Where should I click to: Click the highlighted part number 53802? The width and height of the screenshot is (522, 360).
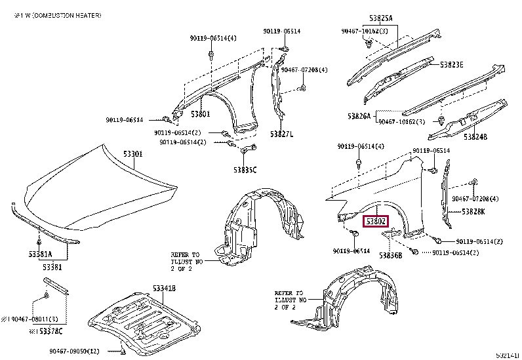tap(377, 222)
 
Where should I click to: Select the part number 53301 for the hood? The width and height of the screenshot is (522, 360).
tap(133, 154)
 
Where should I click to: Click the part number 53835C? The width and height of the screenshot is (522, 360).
tap(245, 170)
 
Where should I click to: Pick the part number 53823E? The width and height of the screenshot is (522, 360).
tap(451, 64)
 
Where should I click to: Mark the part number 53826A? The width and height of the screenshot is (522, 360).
tap(359, 116)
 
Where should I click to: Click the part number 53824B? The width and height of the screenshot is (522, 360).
tap(475, 137)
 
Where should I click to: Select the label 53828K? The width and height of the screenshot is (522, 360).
tap(473, 211)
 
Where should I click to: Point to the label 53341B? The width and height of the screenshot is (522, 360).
tap(164, 289)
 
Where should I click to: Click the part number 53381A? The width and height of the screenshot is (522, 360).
tap(39, 253)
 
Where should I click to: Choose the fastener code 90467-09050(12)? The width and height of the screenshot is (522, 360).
tap(73, 351)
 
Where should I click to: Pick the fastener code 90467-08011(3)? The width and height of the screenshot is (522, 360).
tap(30, 319)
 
